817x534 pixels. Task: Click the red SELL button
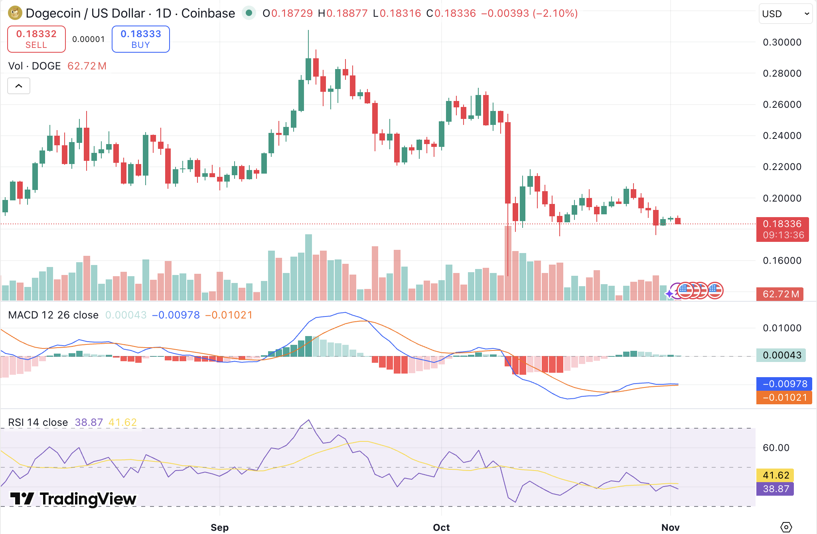click(36, 39)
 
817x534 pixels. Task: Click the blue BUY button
click(141, 39)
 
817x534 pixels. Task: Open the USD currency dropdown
click(785, 14)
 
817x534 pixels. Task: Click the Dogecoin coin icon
click(15, 13)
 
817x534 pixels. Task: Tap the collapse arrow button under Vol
click(19, 86)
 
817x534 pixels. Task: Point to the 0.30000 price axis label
click(782, 42)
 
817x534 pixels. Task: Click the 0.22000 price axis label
click(782, 167)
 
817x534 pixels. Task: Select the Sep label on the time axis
click(219, 527)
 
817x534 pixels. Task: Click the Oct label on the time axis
click(441, 527)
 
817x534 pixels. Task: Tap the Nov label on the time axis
click(670, 527)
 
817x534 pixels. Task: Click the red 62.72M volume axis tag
click(780, 294)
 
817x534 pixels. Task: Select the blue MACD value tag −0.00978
click(784, 384)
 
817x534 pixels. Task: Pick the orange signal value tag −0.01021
click(784, 398)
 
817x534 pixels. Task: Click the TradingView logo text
click(88, 499)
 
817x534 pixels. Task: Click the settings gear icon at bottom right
click(786, 527)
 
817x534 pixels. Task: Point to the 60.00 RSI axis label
click(776, 448)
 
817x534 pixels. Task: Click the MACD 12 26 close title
click(53, 315)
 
